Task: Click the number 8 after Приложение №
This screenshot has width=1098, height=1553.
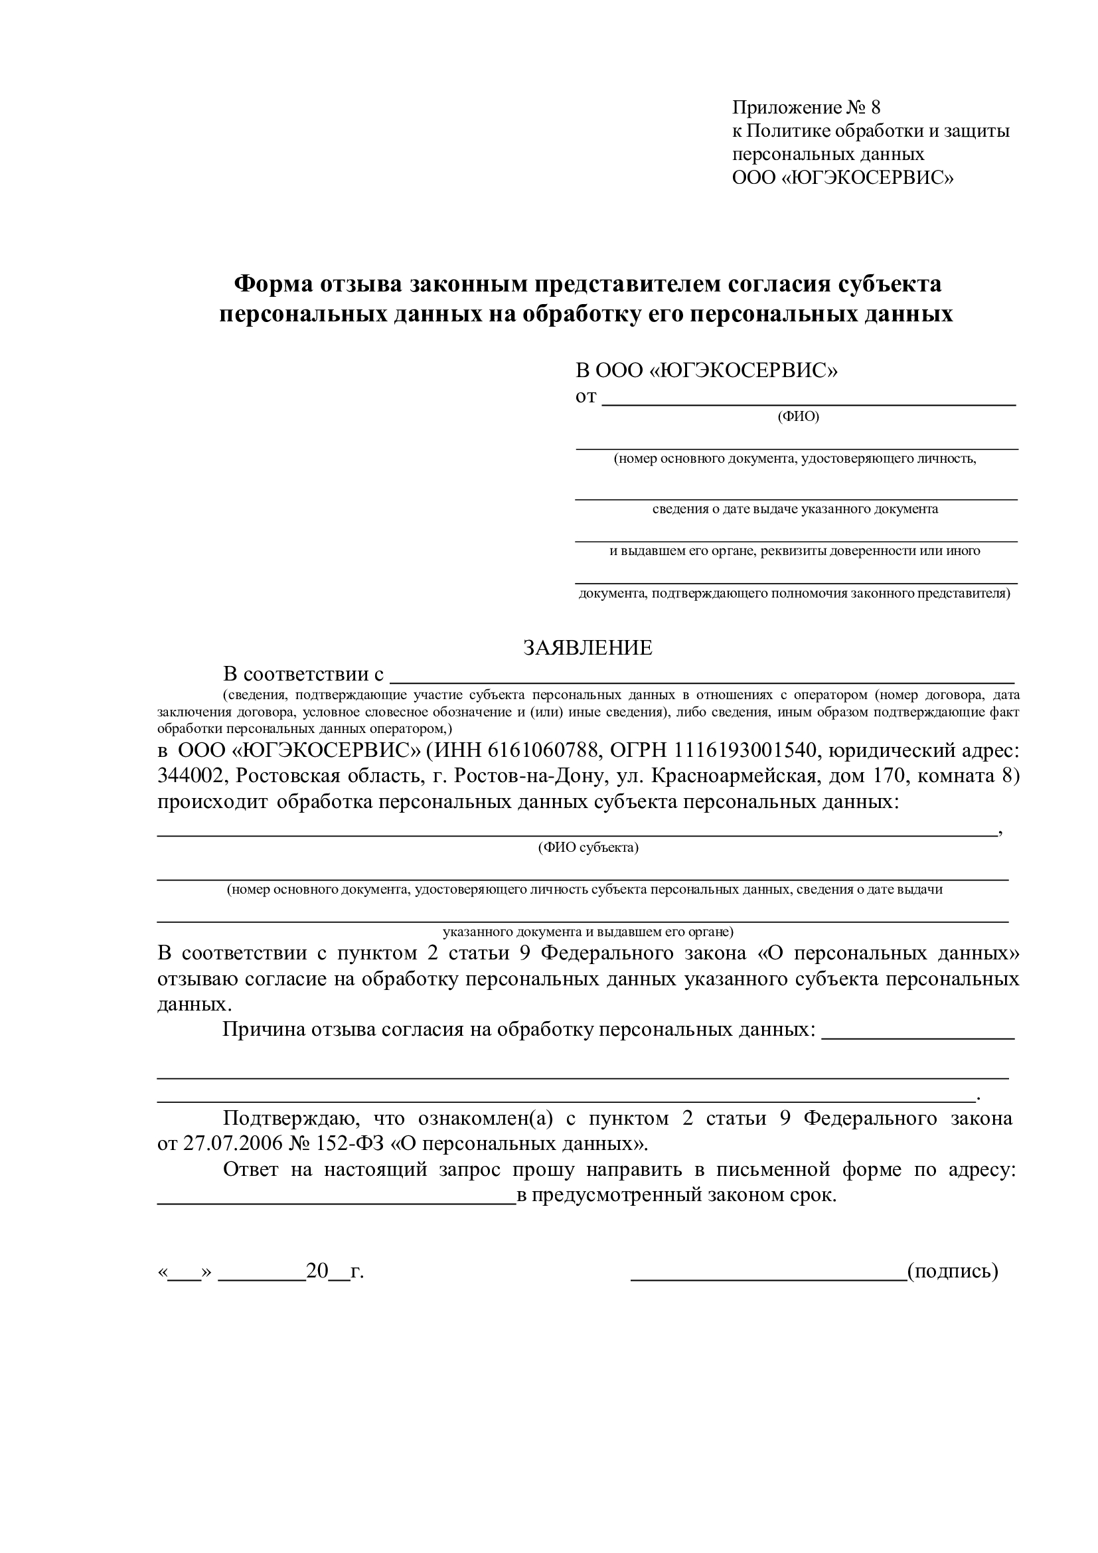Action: [876, 108]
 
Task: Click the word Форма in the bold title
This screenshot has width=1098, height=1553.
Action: [273, 284]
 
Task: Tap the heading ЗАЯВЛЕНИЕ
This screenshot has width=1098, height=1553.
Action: [588, 648]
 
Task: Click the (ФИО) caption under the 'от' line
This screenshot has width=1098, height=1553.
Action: [798, 417]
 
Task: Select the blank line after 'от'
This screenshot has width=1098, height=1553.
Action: [809, 403]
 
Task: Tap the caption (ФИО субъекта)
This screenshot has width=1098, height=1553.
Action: [588, 847]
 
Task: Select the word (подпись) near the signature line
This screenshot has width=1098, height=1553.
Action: [953, 1271]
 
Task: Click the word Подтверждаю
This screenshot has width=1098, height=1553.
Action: [285, 1118]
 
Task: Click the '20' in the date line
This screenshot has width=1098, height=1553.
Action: [317, 1271]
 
